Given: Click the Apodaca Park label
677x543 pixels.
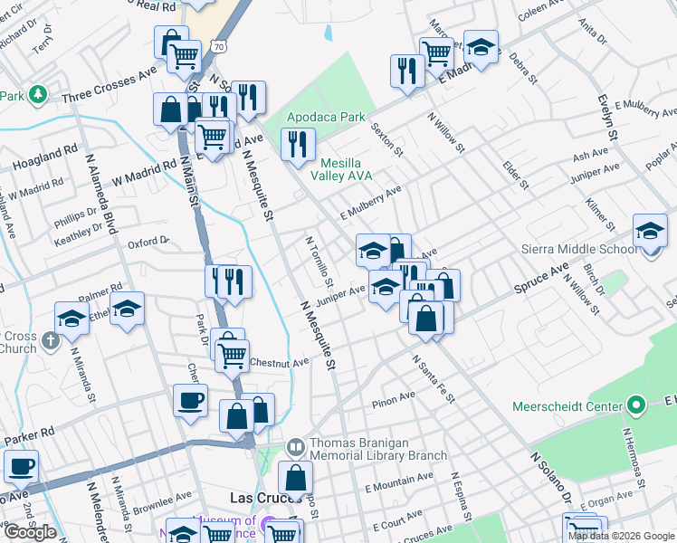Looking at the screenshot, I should [x=326, y=117].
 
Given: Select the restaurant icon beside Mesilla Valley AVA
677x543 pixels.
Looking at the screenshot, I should [x=297, y=143].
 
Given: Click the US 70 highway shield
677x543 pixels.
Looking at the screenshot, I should [x=218, y=43].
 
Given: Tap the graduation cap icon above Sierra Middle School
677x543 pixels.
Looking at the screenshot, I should [x=650, y=231].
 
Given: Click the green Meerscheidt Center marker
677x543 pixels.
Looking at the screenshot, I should [x=635, y=405].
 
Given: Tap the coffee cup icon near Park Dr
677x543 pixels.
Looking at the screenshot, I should [x=190, y=401].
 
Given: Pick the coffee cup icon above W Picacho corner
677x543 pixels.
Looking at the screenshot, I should [x=20, y=467].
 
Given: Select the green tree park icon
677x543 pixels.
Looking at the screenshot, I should [x=37, y=94].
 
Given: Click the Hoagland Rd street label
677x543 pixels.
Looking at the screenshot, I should [x=45, y=160].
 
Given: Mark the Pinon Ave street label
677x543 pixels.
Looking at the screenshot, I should [x=393, y=395].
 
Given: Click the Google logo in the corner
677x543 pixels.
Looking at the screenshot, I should [x=30, y=532].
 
